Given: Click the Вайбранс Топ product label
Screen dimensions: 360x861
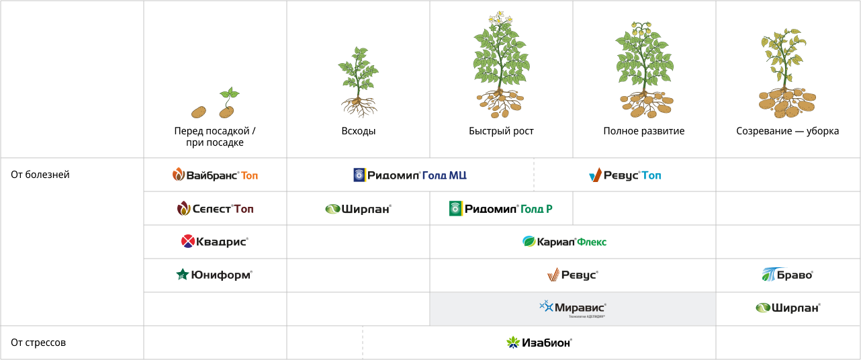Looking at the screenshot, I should point(215,175).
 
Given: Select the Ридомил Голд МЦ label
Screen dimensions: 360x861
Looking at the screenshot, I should point(410,175).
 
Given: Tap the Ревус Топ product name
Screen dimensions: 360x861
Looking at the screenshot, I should point(625,175).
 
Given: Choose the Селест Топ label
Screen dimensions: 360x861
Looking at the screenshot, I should point(215,209).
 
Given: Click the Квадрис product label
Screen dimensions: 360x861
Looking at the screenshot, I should point(215,241).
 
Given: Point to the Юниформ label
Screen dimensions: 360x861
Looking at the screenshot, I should point(214,275).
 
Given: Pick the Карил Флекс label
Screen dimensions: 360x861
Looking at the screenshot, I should point(564,242).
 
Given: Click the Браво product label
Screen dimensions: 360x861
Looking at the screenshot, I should point(788,275).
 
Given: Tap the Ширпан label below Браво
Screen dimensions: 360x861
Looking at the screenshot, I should point(788,308).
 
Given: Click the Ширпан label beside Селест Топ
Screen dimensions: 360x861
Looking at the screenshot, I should point(358,209).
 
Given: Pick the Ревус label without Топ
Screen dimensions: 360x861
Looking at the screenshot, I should point(572,275).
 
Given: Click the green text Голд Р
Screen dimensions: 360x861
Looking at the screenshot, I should point(537,209).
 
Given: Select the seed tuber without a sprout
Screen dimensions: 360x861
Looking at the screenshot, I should point(198,112).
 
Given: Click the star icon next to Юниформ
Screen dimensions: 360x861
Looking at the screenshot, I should point(182,275).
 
